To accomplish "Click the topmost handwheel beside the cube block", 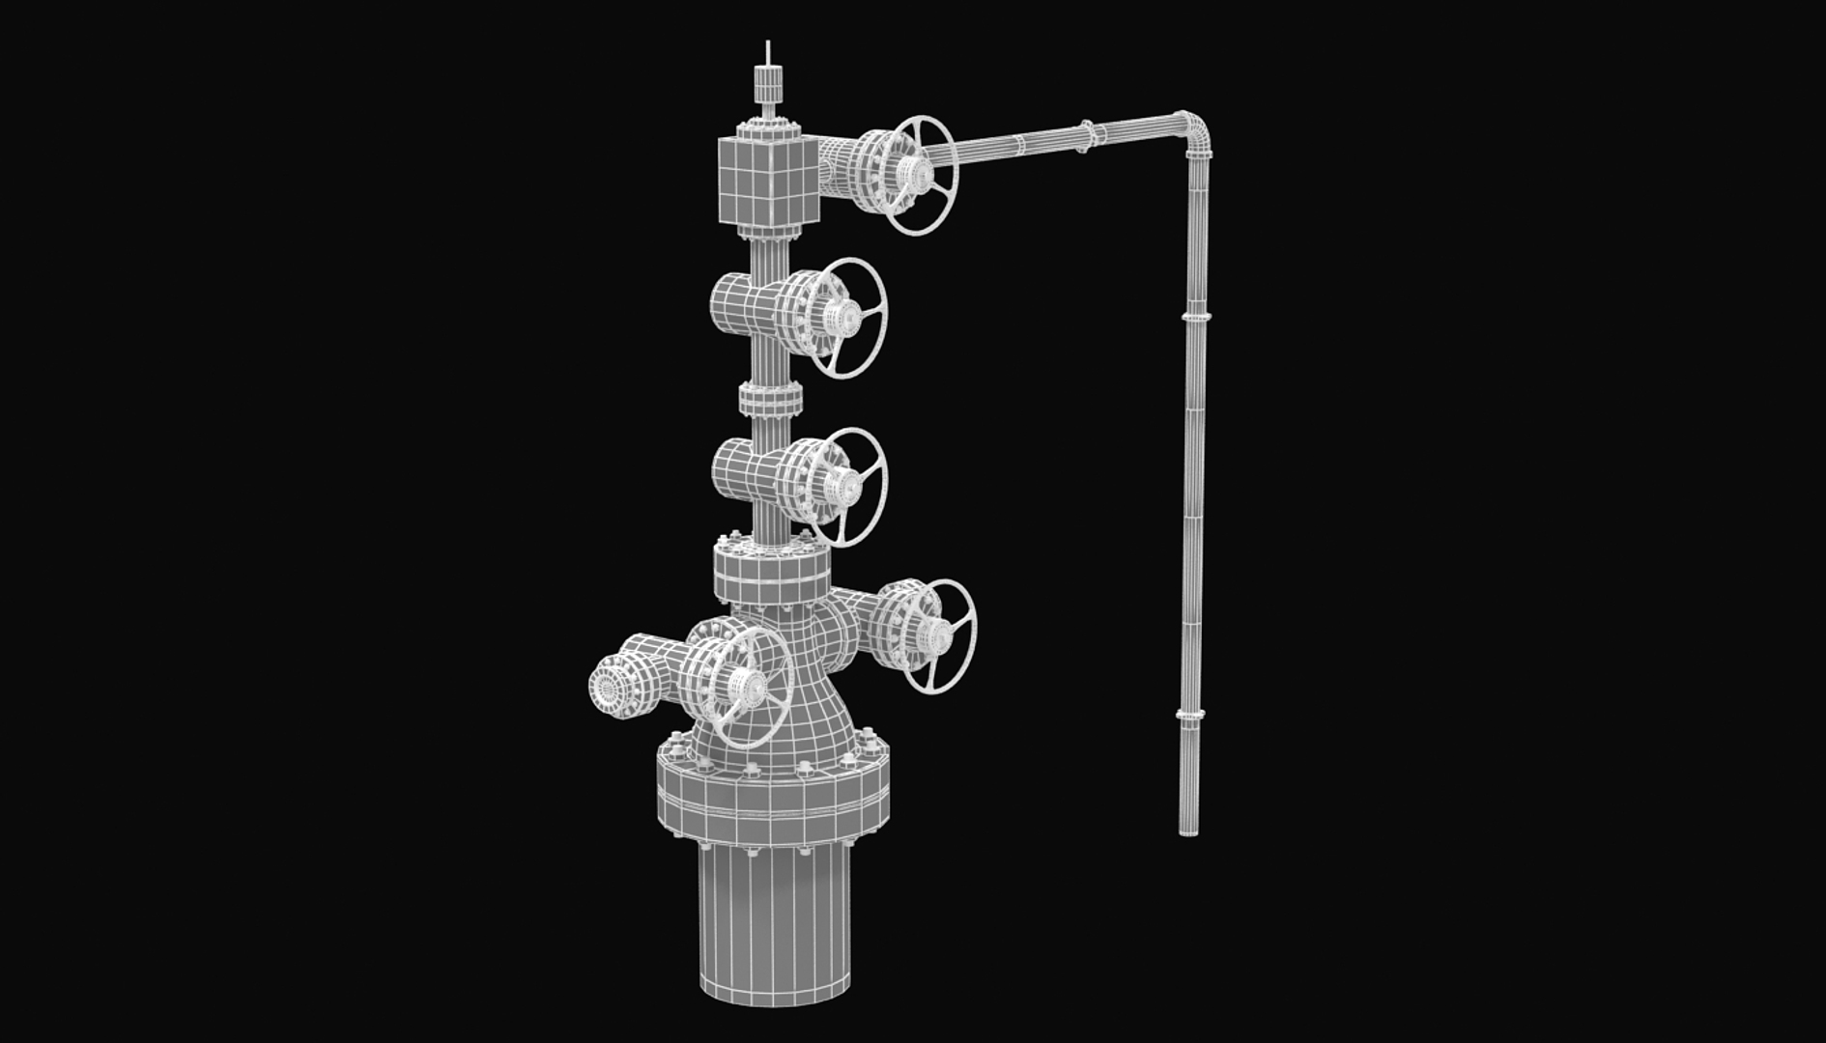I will [x=922, y=175].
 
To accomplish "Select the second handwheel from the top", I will [x=846, y=317].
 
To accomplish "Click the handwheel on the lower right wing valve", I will [x=939, y=635].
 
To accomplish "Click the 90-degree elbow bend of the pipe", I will [x=1194, y=131].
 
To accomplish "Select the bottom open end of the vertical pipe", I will [x=1188, y=829].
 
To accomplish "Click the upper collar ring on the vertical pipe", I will [x=1196, y=316].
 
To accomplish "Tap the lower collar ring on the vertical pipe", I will [x=1190, y=715].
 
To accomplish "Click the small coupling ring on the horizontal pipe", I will [x=1086, y=136].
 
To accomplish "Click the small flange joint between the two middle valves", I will [x=770, y=399].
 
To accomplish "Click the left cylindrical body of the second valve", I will [x=734, y=303].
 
